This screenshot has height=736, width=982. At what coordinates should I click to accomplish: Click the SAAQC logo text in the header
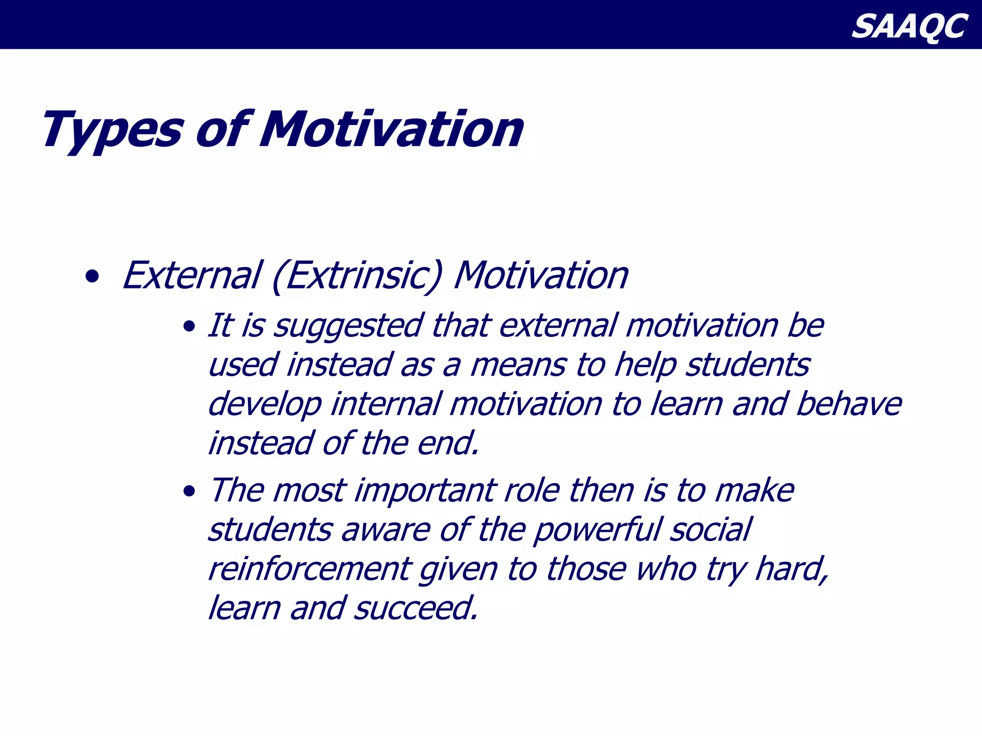[909, 26]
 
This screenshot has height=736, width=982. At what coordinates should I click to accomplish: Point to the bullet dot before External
[92, 276]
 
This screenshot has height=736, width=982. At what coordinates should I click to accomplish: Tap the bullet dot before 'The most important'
[189, 492]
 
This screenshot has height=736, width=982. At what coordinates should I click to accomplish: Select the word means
[518, 366]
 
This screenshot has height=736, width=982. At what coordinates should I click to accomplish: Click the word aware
[386, 531]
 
